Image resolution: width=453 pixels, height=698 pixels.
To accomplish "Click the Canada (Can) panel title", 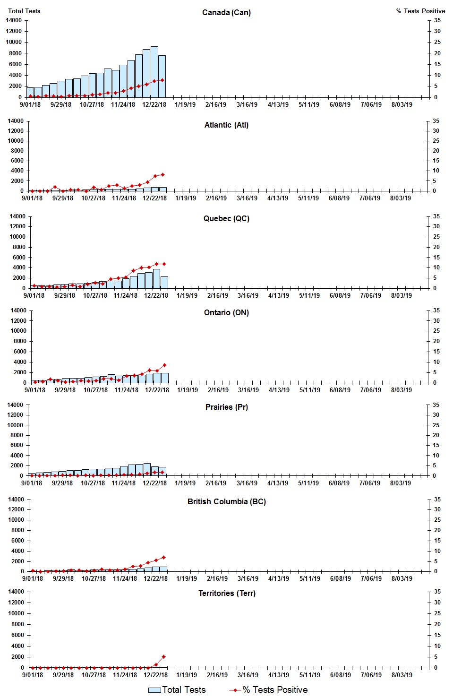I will pos(226,12).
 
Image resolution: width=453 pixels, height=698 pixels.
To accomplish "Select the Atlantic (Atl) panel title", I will pos(226,125).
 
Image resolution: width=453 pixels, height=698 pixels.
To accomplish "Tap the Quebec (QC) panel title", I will pos(226,218).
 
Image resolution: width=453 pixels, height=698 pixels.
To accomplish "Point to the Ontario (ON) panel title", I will pos(226,312).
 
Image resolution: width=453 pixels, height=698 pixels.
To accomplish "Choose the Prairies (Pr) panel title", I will pos(226,407).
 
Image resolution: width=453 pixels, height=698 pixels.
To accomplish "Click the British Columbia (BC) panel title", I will pos(226,501).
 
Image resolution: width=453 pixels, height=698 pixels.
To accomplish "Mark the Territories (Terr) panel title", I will pos(226,593).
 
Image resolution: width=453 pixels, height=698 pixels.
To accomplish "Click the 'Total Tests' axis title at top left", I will pos(24,11).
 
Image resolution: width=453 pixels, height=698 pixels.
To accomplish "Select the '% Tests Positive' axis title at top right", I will pos(420,11).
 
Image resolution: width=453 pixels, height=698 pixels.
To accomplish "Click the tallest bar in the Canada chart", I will pos(154,72).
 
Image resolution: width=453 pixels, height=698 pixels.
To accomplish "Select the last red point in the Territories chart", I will pos(163,656).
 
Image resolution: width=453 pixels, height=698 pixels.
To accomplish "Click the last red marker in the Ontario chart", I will pos(164,365).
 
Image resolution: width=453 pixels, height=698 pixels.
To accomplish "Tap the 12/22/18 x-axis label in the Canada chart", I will pos(154,104).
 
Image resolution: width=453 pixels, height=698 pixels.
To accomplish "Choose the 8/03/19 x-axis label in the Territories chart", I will pos(402,675).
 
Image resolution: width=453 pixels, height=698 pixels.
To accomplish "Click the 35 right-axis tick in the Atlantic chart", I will pos(436,121).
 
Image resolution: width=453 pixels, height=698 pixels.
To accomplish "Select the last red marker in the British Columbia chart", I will pos(163,557).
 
